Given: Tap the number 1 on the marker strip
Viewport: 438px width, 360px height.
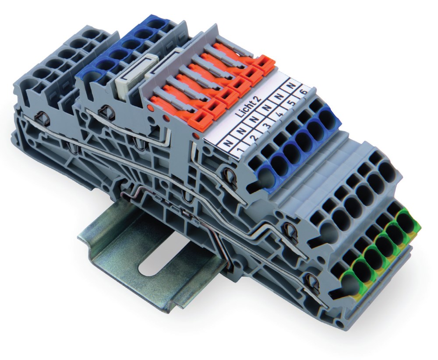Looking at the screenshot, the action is (x=239, y=152).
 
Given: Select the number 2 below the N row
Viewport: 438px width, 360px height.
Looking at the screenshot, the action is (x=254, y=138).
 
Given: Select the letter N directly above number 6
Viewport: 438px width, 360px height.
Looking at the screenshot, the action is (x=293, y=85).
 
